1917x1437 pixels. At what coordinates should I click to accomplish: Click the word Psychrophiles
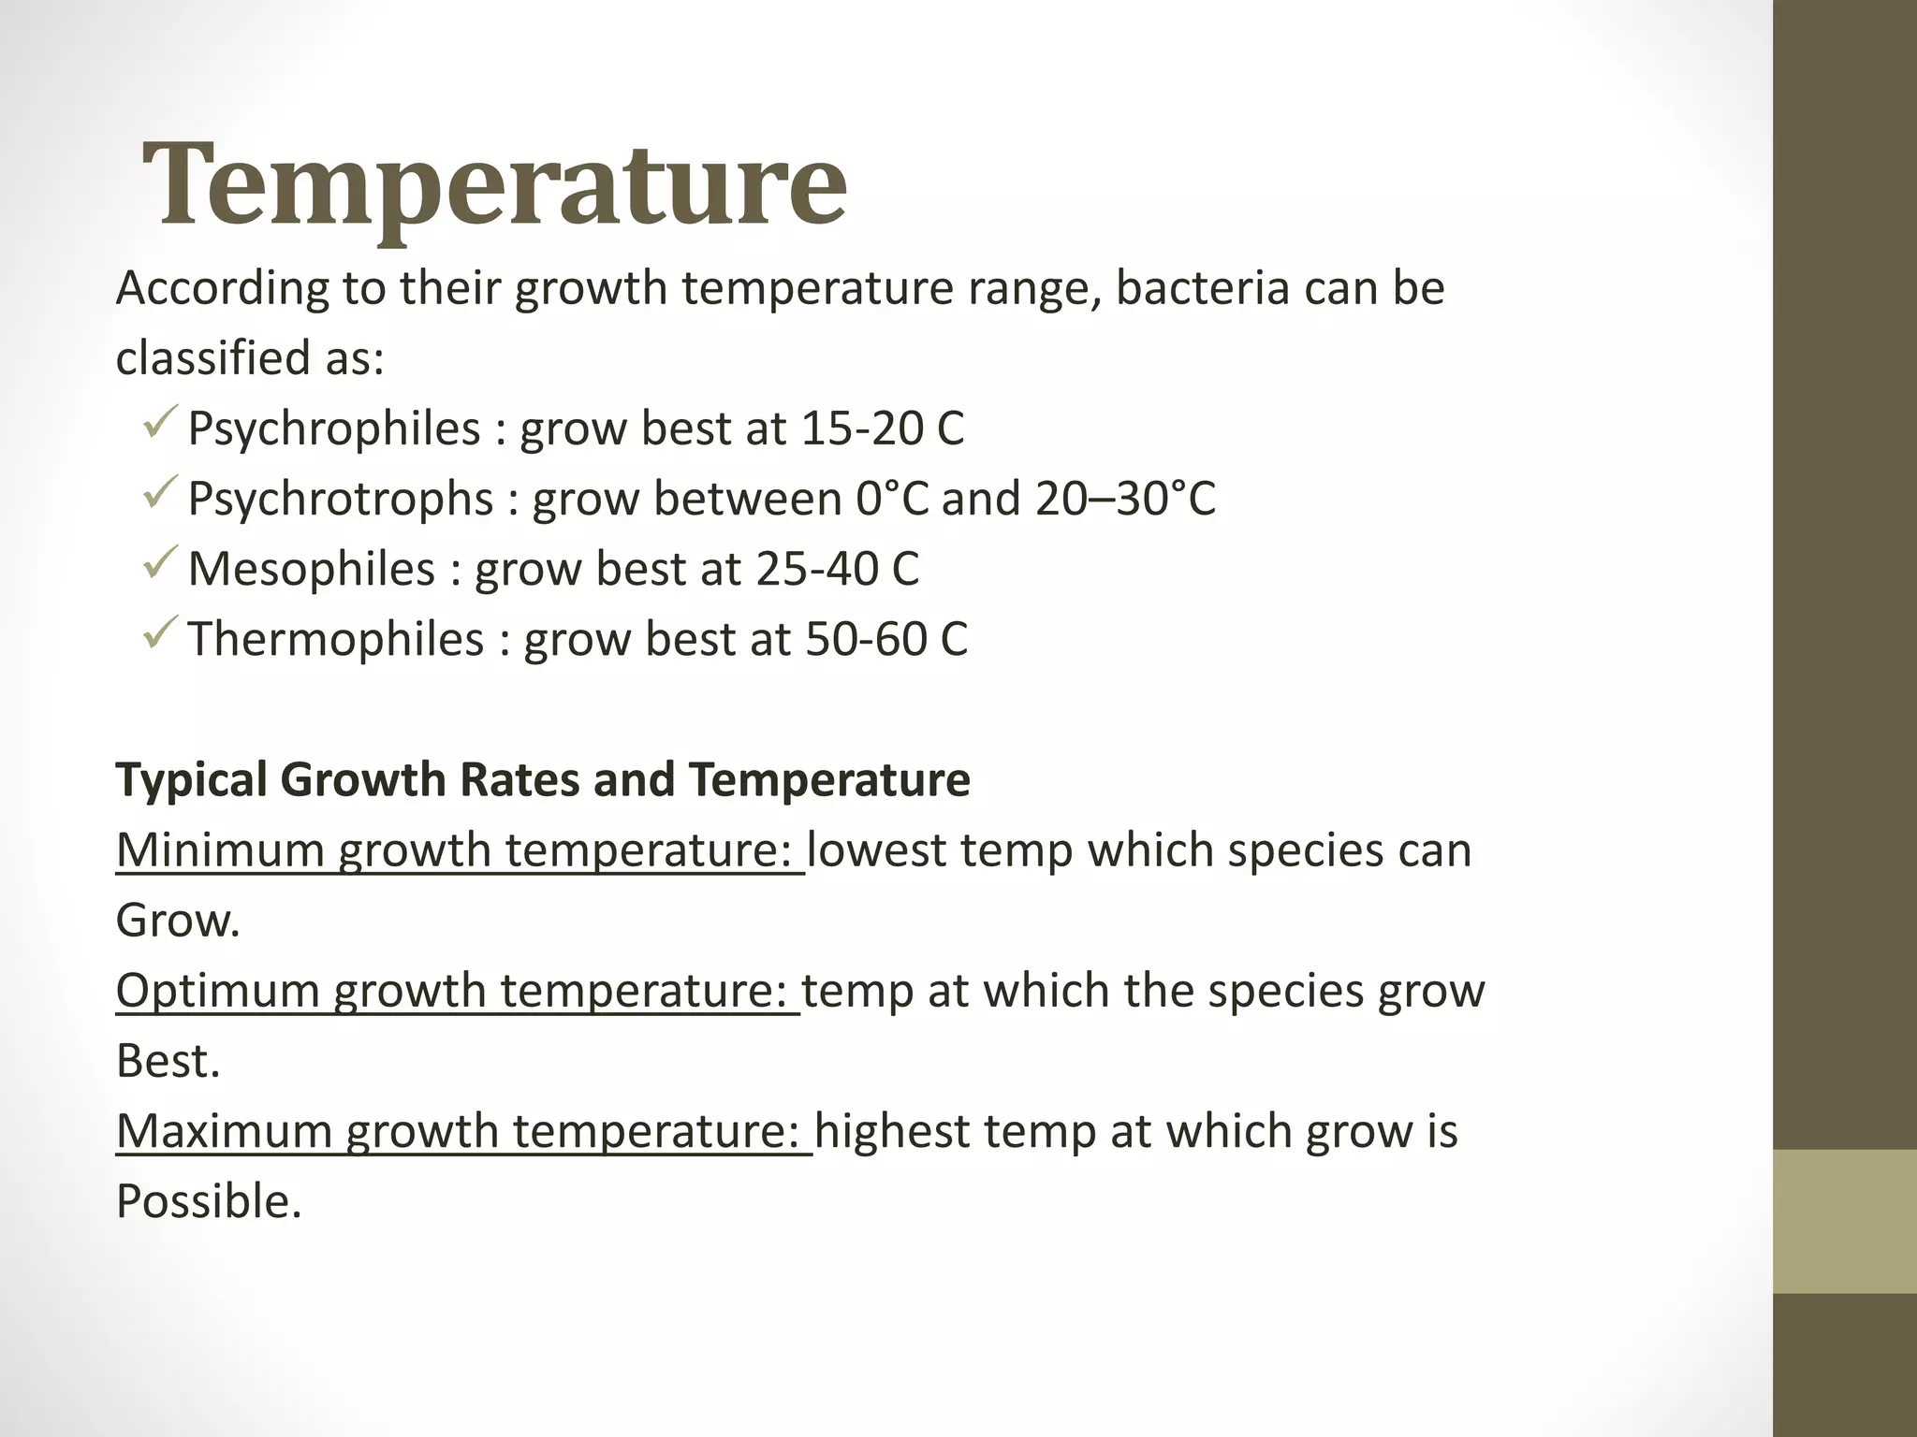click(334, 429)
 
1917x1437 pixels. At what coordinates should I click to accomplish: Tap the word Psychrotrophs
click(340, 500)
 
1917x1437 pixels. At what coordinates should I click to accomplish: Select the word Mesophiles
click(312, 570)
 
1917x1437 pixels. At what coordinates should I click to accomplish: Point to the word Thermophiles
click(336, 640)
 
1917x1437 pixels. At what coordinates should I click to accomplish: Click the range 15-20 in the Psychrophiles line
click(861, 429)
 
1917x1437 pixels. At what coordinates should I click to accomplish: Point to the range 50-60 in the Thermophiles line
click(865, 640)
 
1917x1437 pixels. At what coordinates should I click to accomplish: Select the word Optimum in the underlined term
click(216, 991)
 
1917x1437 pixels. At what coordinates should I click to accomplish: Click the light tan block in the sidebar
click(1845, 1221)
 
